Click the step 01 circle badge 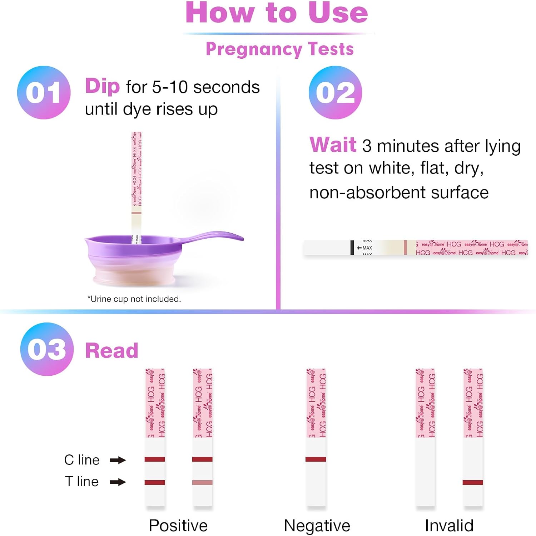pyautogui.click(x=44, y=92)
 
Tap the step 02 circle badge pyautogui.click(x=335, y=92)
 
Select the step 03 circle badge pyautogui.click(x=47, y=349)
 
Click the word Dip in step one pyautogui.click(x=102, y=87)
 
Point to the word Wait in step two pyautogui.click(x=333, y=145)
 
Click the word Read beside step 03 pyautogui.click(x=111, y=350)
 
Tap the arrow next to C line pyautogui.click(x=118, y=460)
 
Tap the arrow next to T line pyautogui.click(x=118, y=482)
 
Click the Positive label pyautogui.click(x=178, y=526)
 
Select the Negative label pyautogui.click(x=317, y=526)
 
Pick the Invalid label pyautogui.click(x=449, y=526)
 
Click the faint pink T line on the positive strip pyautogui.click(x=202, y=482)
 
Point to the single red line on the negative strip pyautogui.click(x=316, y=459)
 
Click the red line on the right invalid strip pyautogui.click(x=472, y=482)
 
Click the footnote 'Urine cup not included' pyautogui.click(x=134, y=299)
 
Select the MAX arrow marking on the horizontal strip pyautogui.click(x=364, y=248)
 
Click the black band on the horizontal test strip pyautogui.click(x=352, y=247)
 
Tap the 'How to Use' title pyautogui.click(x=277, y=13)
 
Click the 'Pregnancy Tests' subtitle pyautogui.click(x=279, y=49)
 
